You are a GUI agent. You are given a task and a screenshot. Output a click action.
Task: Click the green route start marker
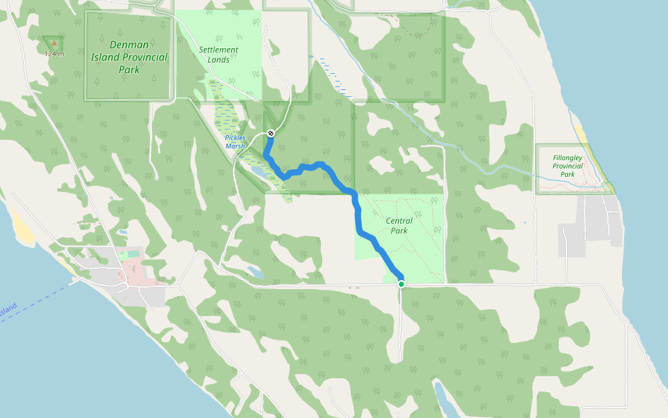401,284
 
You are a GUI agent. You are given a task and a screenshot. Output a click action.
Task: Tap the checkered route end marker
271,133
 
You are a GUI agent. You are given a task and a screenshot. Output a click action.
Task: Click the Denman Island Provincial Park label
129,57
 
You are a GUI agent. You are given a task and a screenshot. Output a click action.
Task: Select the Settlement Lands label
218,55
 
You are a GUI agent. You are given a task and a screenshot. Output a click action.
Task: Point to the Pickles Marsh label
235,141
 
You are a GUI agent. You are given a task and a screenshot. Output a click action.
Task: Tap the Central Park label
398,226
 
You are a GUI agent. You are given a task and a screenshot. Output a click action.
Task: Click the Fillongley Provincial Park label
569,166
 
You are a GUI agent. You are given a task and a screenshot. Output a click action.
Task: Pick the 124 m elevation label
54,54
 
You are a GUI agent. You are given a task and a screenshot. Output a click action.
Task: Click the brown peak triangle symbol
54,43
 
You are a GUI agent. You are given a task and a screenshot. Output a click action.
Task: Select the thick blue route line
359,209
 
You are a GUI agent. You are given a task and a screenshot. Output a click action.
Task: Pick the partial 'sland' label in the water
8,308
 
